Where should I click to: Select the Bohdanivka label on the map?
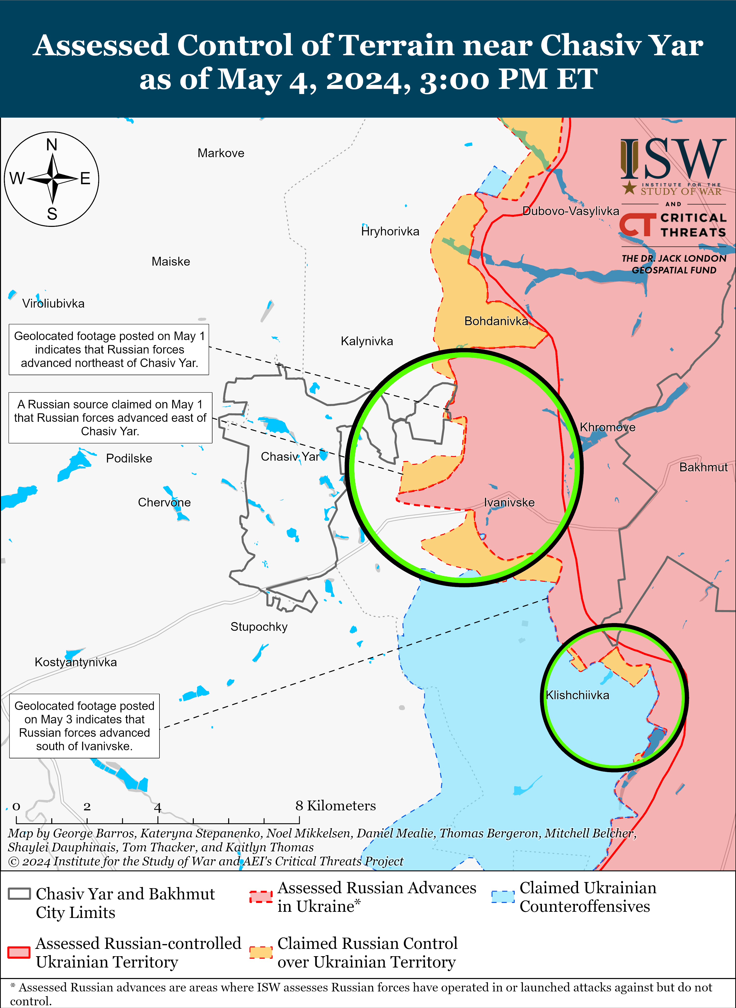[x=496, y=321]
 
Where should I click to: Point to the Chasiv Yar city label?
[x=290, y=457]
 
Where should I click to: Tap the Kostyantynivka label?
[x=76, y=662]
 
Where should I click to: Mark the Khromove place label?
[x=607, y=427]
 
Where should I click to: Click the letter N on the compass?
[x=52, y=145]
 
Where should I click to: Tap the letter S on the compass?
[x=52, y=214]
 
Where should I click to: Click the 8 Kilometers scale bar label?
[x=335, y=806]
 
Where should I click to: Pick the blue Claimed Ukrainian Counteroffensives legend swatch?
[x=503, y=897]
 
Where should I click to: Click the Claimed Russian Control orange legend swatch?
[x=261, y=952]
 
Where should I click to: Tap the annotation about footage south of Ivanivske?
[x=84, y=726]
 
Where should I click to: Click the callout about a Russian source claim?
[x=110, y=418]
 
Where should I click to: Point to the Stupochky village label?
[x=259, y=627]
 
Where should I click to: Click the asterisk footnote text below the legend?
[x=361, y=994]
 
